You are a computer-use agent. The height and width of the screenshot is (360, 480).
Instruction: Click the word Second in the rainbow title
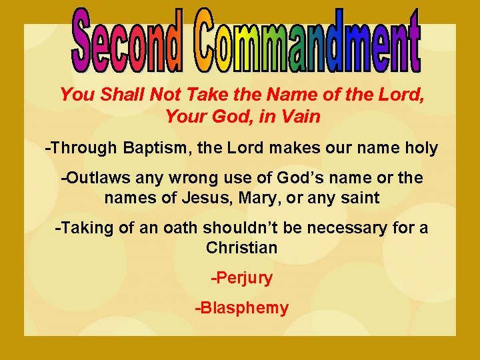(x=126, y=41)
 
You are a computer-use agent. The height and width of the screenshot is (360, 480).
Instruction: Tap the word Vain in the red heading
(x=301, y=117)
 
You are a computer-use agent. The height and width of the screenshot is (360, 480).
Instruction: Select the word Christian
(x=241, y=248)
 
